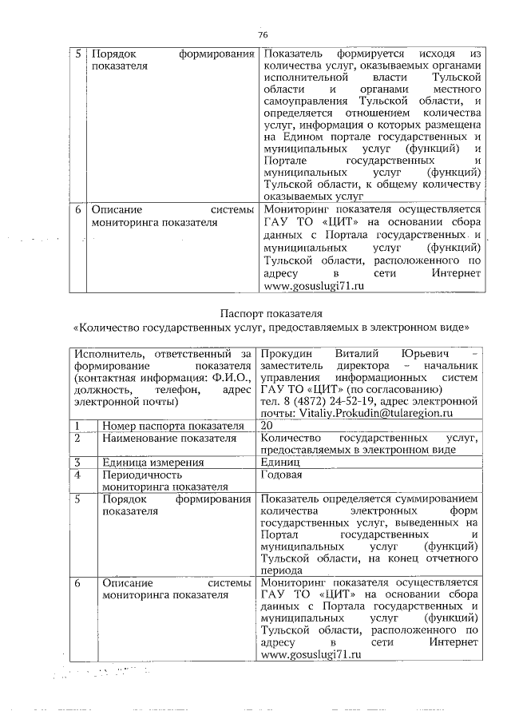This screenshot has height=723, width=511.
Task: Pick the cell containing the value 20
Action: click(267, 426)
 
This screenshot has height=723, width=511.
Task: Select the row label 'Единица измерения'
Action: click(148, 462)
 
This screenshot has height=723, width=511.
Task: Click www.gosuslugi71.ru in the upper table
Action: click(307, 286)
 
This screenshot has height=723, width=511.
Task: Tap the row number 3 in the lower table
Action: click(78, 462)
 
